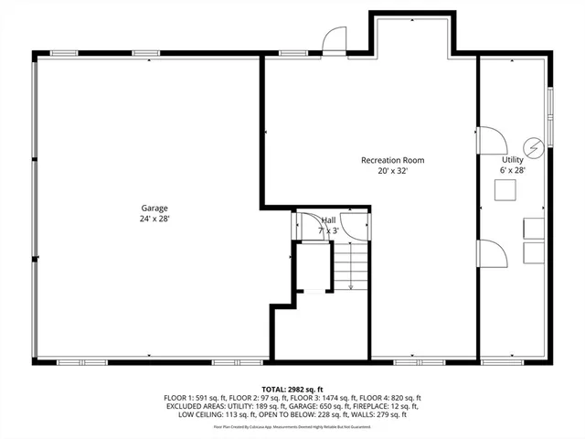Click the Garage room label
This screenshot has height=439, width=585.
tap(154, 208)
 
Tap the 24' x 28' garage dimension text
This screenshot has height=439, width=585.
tap(154, 219)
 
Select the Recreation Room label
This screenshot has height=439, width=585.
tap(393, 160)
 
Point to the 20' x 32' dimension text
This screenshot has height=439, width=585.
tap(393, 171)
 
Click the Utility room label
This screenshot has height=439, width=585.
tap(512, 159)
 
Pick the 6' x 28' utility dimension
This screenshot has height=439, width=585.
tap(512, 170)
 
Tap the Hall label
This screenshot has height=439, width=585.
tap(328, 220)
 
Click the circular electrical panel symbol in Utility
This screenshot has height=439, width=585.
tap(532, 147)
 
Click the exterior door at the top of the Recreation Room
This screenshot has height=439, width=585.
tap(334, 40)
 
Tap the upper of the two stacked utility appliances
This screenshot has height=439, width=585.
tap(533, 228)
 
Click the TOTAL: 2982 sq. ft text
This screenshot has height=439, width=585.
tap(292, 389)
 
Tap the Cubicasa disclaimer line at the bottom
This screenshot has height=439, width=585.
tap(292, 426)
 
